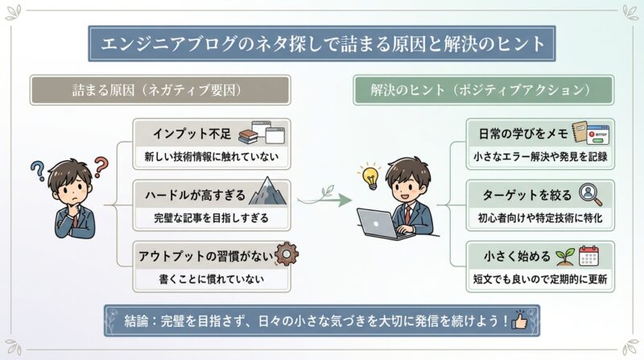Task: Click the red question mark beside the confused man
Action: (100, 168)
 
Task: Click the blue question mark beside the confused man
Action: (37, 171)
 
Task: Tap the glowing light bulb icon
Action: (369, 176)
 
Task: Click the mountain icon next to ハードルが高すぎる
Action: (267, 193)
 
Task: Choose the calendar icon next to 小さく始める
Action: (591, 256)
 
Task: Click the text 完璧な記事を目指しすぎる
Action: (210, 218)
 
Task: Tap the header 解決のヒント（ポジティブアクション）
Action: (483, 90)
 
